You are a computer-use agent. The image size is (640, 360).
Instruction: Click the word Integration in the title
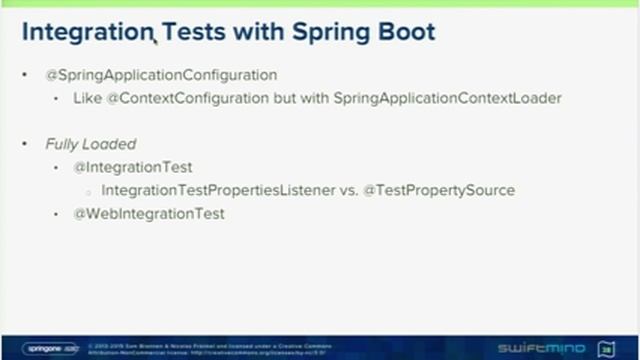tap(84, 33)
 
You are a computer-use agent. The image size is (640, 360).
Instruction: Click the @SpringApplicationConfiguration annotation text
tap(161, 76)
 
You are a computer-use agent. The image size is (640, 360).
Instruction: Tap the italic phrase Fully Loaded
tap(90, 144)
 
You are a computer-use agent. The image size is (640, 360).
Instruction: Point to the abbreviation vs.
tap(348, 190)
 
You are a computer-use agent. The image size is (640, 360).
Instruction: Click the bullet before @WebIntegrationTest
tap(58, 214)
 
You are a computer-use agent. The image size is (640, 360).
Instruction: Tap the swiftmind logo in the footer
tap(550, 348)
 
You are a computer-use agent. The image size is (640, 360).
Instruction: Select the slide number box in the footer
tap(606, 348)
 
